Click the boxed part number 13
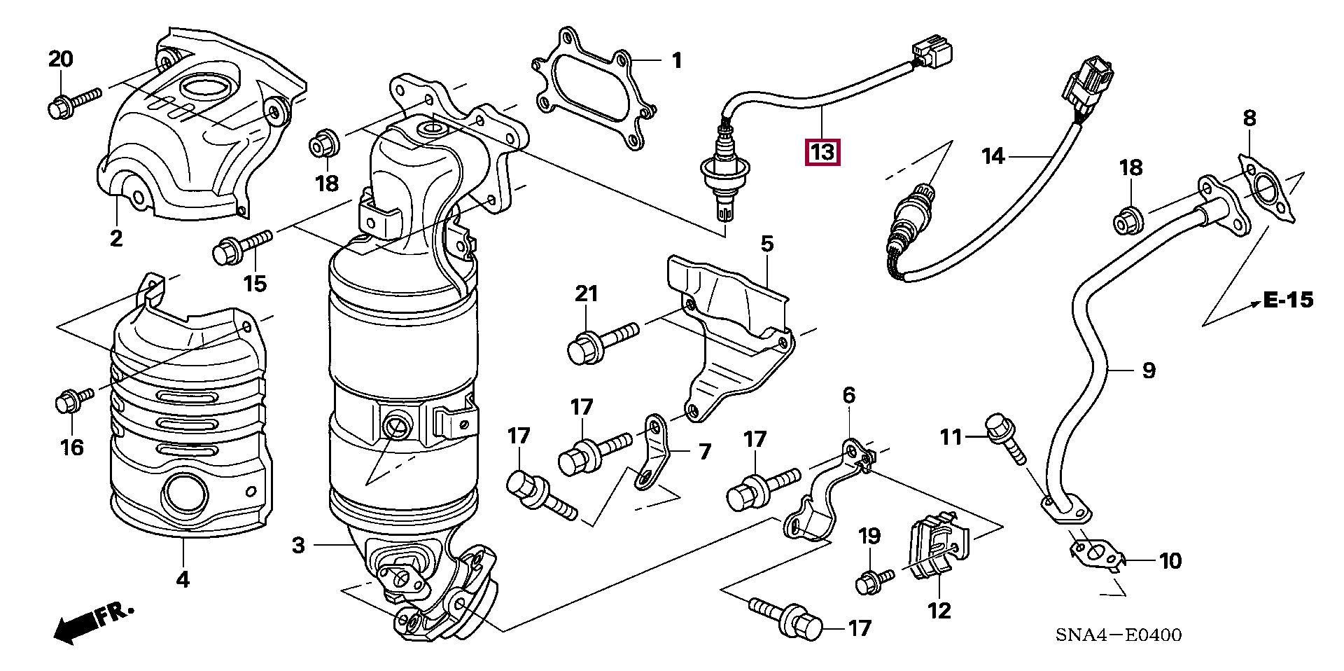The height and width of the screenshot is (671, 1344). point(822,152)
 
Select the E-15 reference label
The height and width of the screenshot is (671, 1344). point(1288,300)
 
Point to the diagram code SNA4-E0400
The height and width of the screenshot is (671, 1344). point(1119,635)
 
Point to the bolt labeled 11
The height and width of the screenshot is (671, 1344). point(1005,438)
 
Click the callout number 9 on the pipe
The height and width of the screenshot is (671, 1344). point(1149,371)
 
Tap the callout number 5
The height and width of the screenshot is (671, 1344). point(767,244)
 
